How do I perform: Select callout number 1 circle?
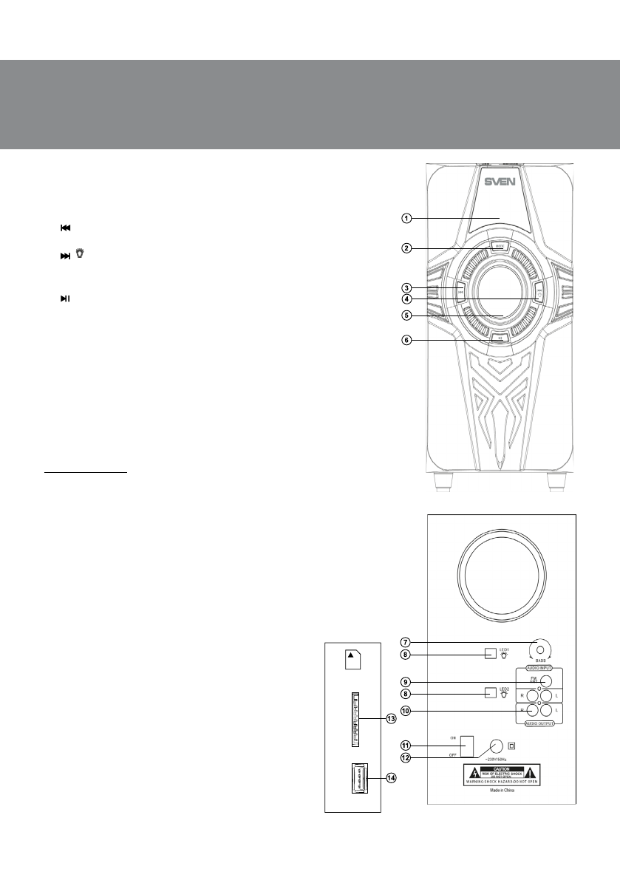[x=406, y=218]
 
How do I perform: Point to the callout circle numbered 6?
[x=406, y=340]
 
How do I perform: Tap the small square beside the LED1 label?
[x=489, y=653]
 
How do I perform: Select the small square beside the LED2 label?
[x=489, y=693]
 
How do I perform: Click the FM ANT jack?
[x=545, y=681]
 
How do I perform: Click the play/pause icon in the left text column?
[x=65, y=298]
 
